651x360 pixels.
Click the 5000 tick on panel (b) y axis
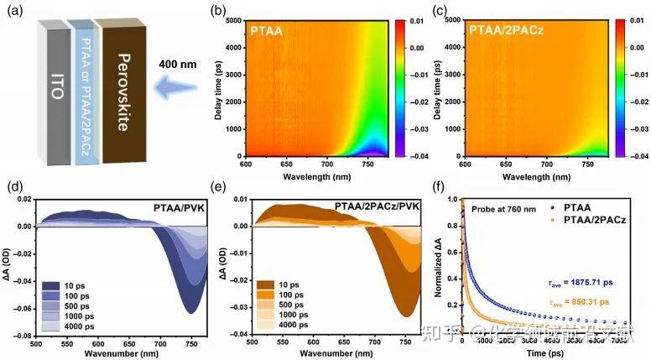[x=236, y=17]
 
